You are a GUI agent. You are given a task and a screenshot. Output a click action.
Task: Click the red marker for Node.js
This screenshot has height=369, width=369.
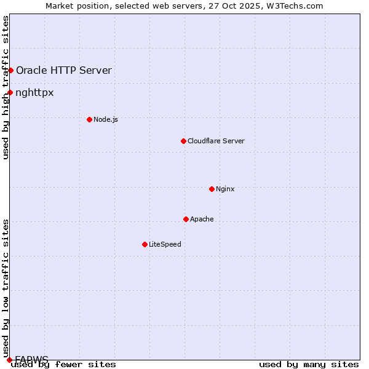pos(89,119)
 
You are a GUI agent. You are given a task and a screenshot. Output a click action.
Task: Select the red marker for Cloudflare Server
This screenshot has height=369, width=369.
pos(183,141)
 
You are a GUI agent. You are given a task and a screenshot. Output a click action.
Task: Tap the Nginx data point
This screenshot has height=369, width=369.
pos(212,189)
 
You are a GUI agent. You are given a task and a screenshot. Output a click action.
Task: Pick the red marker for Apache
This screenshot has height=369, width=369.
pos(186,219)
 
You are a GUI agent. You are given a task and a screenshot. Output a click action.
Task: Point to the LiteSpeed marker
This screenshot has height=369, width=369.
pos(145,244)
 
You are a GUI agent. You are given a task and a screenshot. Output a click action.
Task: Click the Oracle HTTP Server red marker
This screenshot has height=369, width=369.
pos(10,70)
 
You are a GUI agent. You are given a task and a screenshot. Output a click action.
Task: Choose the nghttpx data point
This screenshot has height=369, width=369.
pos(10,93)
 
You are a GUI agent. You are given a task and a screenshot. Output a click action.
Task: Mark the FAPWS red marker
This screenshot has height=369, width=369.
pos(9,359)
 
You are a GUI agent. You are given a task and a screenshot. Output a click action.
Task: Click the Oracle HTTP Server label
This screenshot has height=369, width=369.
pos(64,70)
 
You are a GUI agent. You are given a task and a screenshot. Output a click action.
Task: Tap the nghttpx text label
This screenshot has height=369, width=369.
pos(35,93)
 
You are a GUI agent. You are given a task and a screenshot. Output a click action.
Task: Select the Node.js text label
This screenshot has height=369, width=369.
pos(106,119)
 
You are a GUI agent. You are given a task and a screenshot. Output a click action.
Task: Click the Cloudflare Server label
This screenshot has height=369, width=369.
pos(216,141)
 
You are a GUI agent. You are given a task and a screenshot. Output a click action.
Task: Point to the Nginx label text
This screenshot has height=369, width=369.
pos(225,189)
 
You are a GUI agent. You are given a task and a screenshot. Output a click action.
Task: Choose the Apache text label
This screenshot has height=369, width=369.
pos(202,219)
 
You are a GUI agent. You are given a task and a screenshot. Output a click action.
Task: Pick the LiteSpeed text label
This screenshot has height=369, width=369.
pos(165,244)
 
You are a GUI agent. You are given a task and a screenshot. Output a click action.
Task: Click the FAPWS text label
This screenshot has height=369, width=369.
pos(31,359)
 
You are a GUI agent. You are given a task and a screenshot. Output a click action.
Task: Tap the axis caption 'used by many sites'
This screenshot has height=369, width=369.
pos(309,365)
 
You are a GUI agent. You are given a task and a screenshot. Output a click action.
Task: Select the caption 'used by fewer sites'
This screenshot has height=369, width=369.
pos(63,365)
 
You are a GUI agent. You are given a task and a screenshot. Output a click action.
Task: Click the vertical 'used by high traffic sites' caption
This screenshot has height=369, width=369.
pos(6,87)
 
